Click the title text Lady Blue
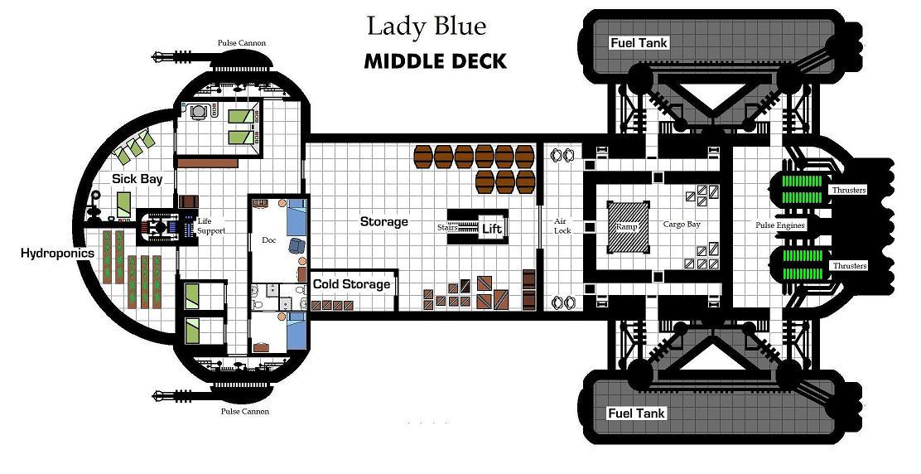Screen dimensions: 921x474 click(x=427, y=27)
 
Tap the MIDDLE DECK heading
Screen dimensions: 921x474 click(x=436, y=61)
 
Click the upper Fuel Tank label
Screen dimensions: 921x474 click(x=639, y=43)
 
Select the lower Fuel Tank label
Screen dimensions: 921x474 click(x=637, y=414)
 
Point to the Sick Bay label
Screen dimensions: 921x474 click(x=137, y=178)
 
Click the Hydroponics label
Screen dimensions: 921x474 click(x=57, y=254)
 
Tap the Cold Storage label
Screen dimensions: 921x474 click(x=351, y=284)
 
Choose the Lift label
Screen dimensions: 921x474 click(x=492, y=229)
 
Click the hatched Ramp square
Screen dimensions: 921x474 click(x=628, y=227)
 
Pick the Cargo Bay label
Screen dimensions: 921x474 click(x=682, y=224)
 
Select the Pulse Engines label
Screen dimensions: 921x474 click(x=780, y=225)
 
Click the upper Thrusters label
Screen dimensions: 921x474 click(x=849, y=191)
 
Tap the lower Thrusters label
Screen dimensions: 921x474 click(x=849, y=266)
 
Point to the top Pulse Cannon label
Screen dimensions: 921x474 click(x=241, y=43)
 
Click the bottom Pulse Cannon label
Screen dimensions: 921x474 click(x=245, y=411)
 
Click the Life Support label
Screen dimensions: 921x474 click(x=211, y=225)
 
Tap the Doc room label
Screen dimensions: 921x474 click(x=269, y=240)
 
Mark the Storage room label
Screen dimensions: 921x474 click(x=384, y=221)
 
